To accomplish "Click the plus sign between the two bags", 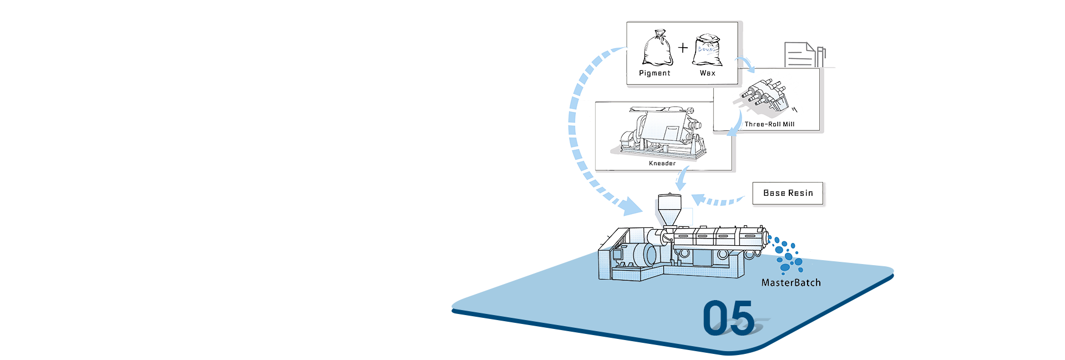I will point(683,47).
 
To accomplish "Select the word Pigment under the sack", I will point(655,73).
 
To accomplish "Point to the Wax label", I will point(707,73).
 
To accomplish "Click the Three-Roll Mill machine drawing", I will point(764,94).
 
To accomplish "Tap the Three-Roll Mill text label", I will point(769,124).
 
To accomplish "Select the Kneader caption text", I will point(662,163).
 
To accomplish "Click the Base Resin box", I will point(788,194).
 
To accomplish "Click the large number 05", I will point(728,318).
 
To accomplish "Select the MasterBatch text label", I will point(790,282).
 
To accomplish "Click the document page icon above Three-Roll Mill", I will point(799,54).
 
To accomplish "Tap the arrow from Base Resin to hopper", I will point(718,200).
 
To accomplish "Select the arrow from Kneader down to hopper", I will point(682,180).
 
